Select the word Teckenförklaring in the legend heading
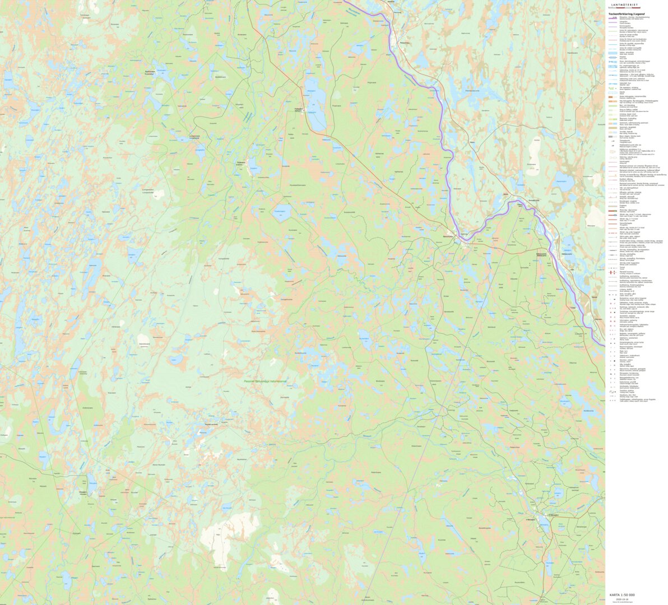coord(618,13)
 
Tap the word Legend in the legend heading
coord(639,13)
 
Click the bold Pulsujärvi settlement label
coord(298,109)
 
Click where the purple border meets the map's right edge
coord(604,345)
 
